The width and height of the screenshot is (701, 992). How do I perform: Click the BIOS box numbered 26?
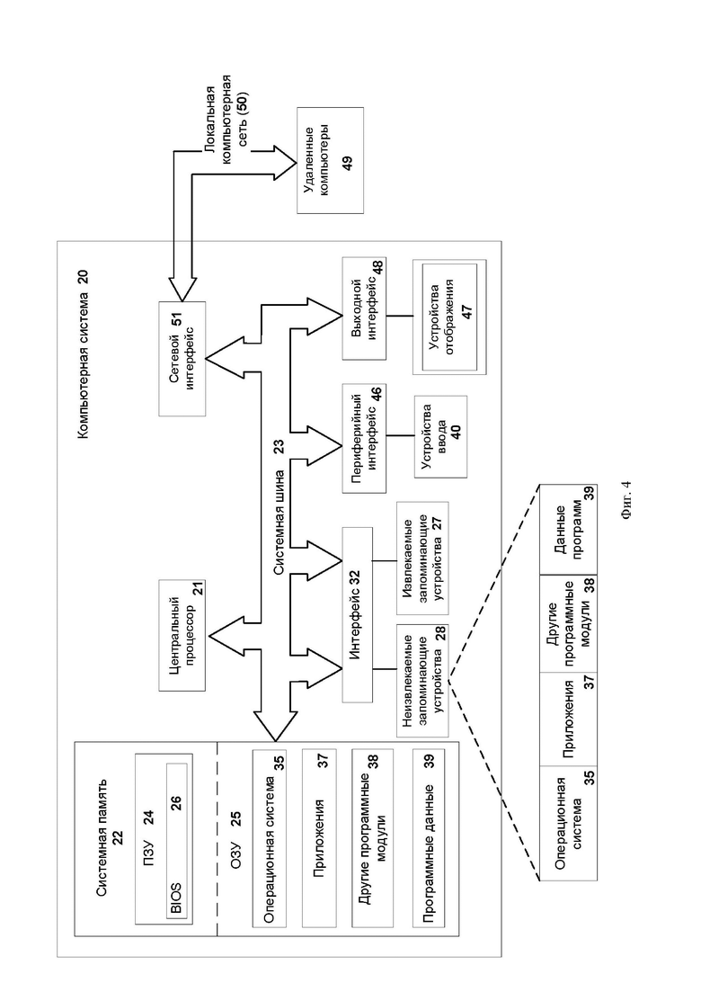(x=177, y=839)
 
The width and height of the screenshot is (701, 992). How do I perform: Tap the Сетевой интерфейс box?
(x=182, y=359)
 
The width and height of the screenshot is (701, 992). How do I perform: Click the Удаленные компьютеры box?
(x=331, y=161)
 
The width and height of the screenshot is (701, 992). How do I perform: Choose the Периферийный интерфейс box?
(x=364, y=438)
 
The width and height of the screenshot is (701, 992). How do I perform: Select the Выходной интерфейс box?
(x=364, y=308)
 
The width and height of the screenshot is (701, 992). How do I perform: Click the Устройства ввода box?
(x=440, y=437)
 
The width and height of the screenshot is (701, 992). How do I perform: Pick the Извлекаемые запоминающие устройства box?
(x=423, y=559)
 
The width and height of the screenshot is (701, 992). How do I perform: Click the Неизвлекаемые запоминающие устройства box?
(x=423, y=681)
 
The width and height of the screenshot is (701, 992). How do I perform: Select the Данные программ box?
(x=568, y=529)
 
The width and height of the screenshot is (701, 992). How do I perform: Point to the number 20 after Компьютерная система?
(x=83, y=279)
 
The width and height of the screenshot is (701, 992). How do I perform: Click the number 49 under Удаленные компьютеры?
(x=347, y=163)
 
